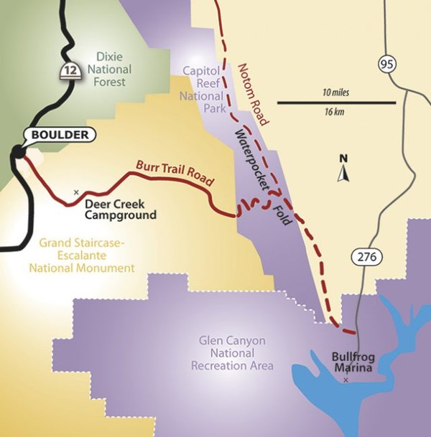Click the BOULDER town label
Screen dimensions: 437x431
coord(60,134)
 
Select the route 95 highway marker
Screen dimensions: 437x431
coord(386,65)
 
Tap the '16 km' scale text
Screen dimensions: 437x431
coord(335,113)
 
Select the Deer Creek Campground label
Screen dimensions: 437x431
coord(121,209)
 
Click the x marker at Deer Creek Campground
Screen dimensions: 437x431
coord(76,192)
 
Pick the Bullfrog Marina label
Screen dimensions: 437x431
coord(351,362)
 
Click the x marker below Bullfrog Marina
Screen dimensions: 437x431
coord(346,380)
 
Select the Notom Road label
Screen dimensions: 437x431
coord(251,93)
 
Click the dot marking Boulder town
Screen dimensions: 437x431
coord(17,151)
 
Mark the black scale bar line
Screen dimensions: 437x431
coord(335,103)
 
